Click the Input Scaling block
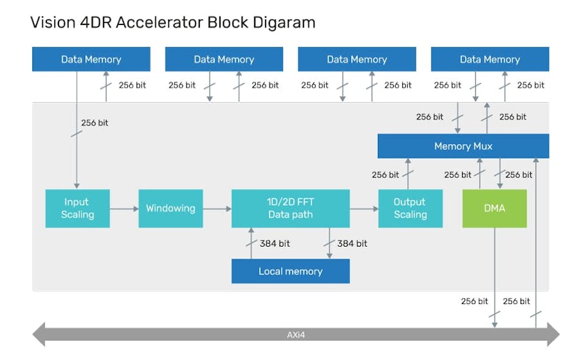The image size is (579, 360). [77, 208]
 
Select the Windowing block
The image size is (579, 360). [170, 208]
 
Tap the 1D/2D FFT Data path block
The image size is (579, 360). [290, 208]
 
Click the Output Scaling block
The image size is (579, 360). [410, 208]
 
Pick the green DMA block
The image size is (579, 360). [494, 208]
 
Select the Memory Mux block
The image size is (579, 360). [463, 146]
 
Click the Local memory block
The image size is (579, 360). [290, 271]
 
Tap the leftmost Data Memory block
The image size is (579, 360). [91, 59]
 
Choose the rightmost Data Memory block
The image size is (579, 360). [489, 59]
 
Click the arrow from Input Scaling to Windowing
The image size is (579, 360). [124, 208]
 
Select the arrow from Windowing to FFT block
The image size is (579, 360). [217, 208]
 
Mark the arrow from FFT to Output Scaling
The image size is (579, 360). [364, 208]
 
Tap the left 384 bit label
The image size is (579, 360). [275, 244]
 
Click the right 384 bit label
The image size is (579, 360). [352, 244]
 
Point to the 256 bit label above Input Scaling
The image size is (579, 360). [94, 122]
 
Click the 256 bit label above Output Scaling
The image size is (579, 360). [385, 175]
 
